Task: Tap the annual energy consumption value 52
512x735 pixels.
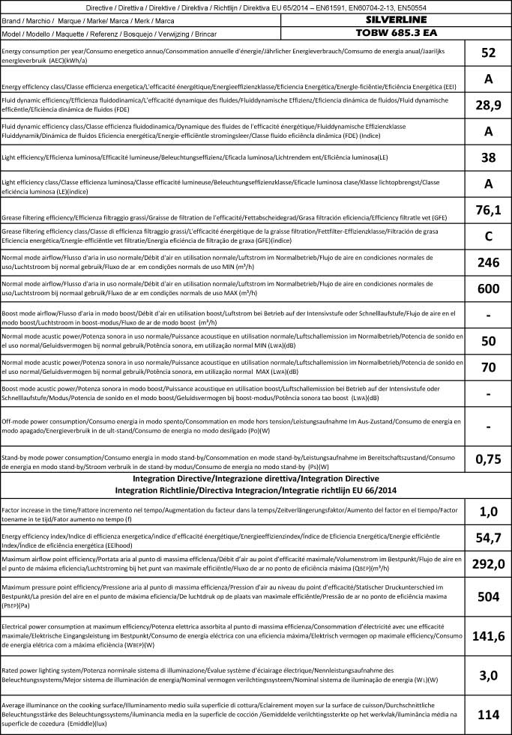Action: pyautogui.click(x=489, y=52)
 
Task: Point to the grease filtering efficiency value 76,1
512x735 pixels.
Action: pyautogui.click(x=489, y=210)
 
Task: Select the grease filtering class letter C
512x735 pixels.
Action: pyautogui.click(x=489, y=236)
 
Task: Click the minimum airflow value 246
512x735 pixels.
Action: pyautogui.click(x=489, y=262)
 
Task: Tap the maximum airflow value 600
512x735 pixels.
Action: pyautogui.click(x=489, y=288)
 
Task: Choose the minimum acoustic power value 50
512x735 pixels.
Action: pyautogui.click(x=489, y=341)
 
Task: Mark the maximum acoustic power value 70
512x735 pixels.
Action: pyautogui.click(x=489, y=367)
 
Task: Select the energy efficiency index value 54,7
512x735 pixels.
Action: pyautogui.click(x=489, y=539)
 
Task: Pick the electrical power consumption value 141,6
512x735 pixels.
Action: pyautogui.click(x=489, y=636)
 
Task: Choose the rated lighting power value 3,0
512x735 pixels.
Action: pyautogui.click(x=489, y=675)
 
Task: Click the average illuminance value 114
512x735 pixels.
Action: pyautogui.click(x=489, y=714)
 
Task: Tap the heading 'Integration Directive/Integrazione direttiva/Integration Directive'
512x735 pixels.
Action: pyautogui.click(x=256, y=478)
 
